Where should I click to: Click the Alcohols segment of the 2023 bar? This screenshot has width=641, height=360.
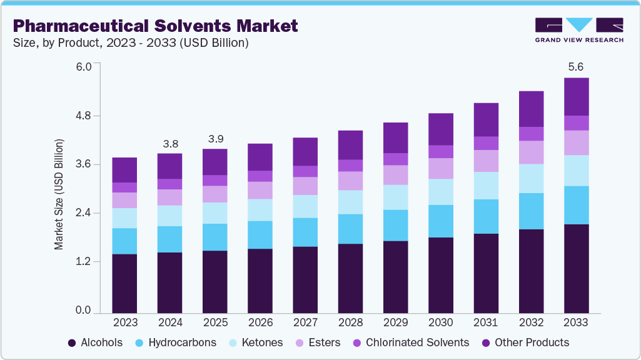pyautogui.click(x=124, y=283)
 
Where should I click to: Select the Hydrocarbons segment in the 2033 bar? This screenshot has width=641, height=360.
pyautogui.click(x=576, y=205)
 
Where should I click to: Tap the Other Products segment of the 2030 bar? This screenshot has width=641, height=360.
pyautogui.click(x=440, y=129)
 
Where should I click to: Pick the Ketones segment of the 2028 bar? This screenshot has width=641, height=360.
pyautogui.click(x=350, y=202)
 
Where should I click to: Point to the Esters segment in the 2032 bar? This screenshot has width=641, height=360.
pyautogui.click(x=531, y=152)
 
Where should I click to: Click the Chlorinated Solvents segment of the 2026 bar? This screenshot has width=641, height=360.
pyautogui.click(x=260, y=176)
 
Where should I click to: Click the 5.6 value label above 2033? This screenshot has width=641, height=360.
pyautogui.click(x=576, y=67)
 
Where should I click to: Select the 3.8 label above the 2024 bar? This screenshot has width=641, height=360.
pyautogui.click(x=169, y=143)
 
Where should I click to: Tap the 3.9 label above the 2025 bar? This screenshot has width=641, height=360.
pyautogui.click(x=215, y=138)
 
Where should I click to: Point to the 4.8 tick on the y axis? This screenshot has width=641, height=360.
pyautogui.click(x=83, y=116)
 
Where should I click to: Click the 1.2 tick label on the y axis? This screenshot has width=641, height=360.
pyautogui.click(x=83, y=262)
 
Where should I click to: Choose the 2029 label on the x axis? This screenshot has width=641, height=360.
pyautogui.click(x=395, y=322)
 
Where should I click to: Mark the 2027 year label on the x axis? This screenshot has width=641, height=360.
pyautogui.click(x=305, y=322)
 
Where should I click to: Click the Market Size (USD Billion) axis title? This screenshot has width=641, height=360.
pyautogui.click(x=59, y=195)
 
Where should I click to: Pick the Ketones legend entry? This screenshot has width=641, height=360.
pyautogui.click(x=258, y=342)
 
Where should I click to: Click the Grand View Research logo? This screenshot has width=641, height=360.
pyautogui.click(x=578, y=29)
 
